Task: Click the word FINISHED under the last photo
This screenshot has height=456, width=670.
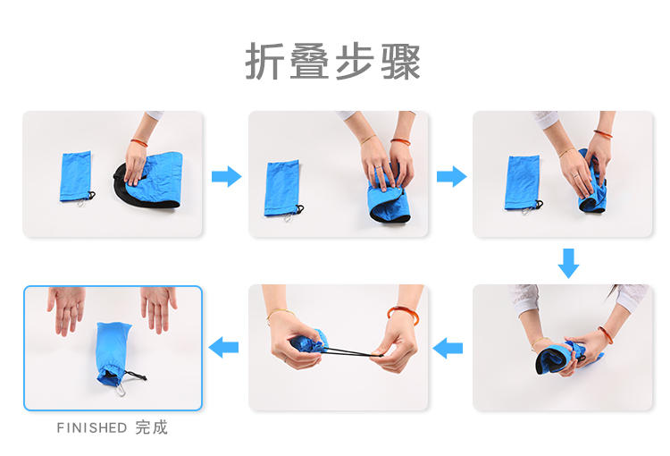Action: [x=92, y=427]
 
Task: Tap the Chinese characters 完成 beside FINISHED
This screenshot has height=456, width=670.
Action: [x=152, y=427]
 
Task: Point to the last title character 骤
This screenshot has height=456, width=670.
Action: [x=401, y=62]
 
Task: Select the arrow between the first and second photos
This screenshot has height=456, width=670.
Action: [x=227, y=176]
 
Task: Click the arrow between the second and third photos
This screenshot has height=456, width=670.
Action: [x=452, y=176]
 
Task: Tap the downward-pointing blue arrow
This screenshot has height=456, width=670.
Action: [x=569, y=264]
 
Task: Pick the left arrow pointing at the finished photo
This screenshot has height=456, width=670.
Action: [x=223, y=347]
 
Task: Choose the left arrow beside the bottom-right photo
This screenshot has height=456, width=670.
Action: [x=448, y=348]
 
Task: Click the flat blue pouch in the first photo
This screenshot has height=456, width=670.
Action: [x=76, y=176]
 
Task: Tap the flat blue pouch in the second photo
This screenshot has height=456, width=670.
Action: [x=281, y=189]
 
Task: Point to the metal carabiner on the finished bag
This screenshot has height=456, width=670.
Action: [x=121, y=390]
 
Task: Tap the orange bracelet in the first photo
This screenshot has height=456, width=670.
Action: [x=138, y=142]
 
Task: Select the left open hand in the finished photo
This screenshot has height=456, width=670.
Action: [x=67, y=308]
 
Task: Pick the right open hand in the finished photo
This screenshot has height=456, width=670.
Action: [x=158, y=308]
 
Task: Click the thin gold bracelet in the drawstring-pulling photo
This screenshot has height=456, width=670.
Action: [x=281, y=314]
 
